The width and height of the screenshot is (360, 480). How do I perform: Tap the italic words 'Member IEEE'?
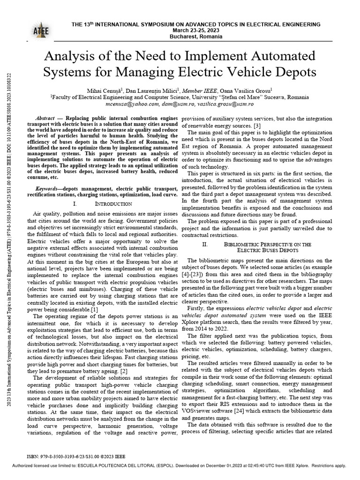[189, 90]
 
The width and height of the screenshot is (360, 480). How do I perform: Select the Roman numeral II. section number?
[205, 244]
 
